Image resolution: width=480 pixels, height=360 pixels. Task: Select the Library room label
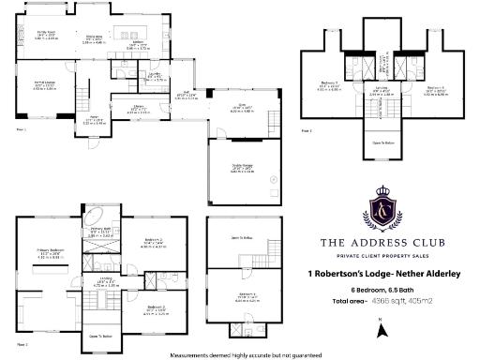(130, 110)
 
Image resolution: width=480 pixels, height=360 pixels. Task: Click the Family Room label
(47, 35)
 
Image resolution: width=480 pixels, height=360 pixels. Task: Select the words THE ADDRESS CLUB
(382, 244)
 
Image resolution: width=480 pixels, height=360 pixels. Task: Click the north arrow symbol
(381, 327)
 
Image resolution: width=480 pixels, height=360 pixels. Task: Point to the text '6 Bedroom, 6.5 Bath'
(382, 288)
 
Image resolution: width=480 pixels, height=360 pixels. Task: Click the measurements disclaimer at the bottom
(246, 355)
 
